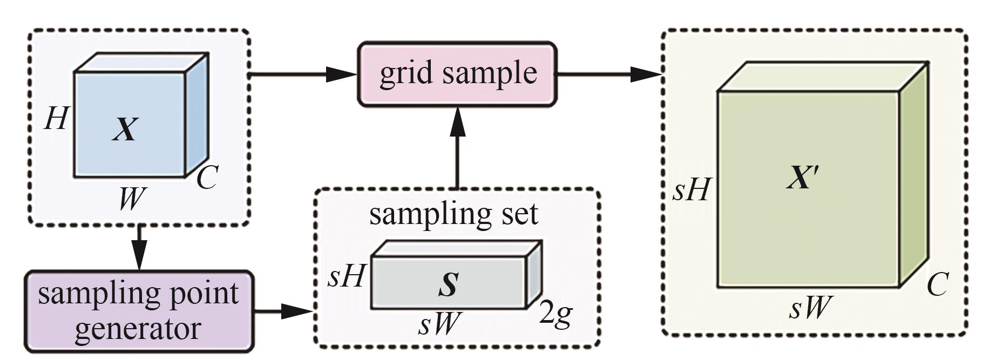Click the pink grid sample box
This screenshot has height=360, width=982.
click(x=457, y=74)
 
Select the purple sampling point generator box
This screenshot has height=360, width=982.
click(x=139, y=311)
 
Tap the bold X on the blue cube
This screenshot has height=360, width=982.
click(x=125, y=130)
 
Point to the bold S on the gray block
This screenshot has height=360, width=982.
click(x=448, y=284)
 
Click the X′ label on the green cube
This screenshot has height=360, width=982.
click(x=803, y=177)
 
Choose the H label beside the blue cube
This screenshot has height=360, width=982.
click(x=56, y=118)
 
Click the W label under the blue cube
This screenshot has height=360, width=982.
click(x=132, y=199)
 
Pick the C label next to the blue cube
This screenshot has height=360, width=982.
click(x=207, y=177)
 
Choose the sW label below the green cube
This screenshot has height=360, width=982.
click(x=808, y=308)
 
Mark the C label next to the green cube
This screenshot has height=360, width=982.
click(x=937, y=284)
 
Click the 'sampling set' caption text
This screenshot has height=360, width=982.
click(x=453, y=214)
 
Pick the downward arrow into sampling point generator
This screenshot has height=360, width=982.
click(x=139, y=248)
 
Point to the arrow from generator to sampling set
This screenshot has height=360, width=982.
click(x=283, y=311)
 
